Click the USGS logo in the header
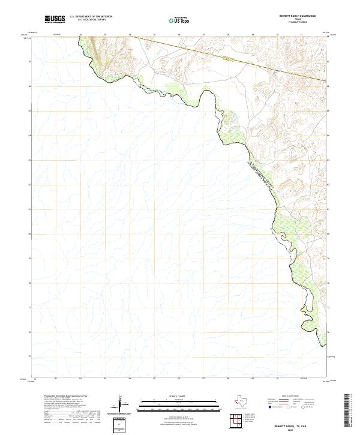[55, 19]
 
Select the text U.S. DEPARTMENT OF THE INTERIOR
[91, 17]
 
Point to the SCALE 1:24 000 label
[175, 397]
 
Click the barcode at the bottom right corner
[347, 410]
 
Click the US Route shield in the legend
[289, 407]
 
